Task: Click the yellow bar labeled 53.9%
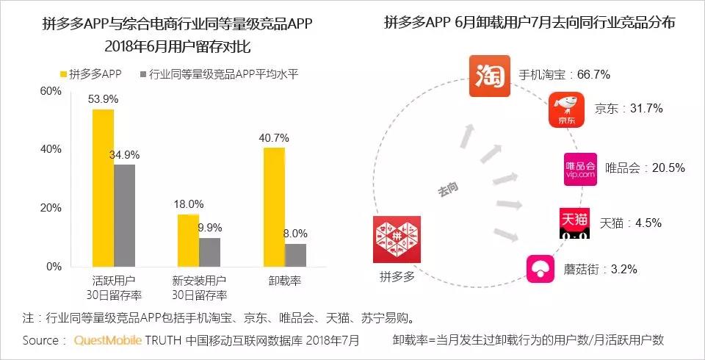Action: pyautogui.click(x=103, y=187)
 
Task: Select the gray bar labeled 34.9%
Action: pyautogui.click(x=124, y=215)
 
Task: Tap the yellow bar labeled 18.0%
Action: pyautogui.click(x=188, y=240)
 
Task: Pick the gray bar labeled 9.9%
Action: pyautogui.click(x=209, y=252)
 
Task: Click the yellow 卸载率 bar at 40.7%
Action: pyautogui.click(x=274, y=206)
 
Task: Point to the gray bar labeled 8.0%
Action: pyautogui.click(x=295, y=255)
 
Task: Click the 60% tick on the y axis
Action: pyautogui.click(x=51, y=91)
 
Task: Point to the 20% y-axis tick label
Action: pyautogui.click(x=51, y=208)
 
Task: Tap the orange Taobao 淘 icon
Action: pyautogui.click(x=489, y=76)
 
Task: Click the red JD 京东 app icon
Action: pyautogui.click(x=566, y=110)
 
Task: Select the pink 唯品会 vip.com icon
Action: pyautogui.click(x=580, y=168)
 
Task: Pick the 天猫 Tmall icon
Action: pyautogui.click(x=574, y=222)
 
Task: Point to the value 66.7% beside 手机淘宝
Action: pyautogui.click(x=593, y=75)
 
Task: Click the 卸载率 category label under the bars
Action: pyautogui.click(x=284, y=281)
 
